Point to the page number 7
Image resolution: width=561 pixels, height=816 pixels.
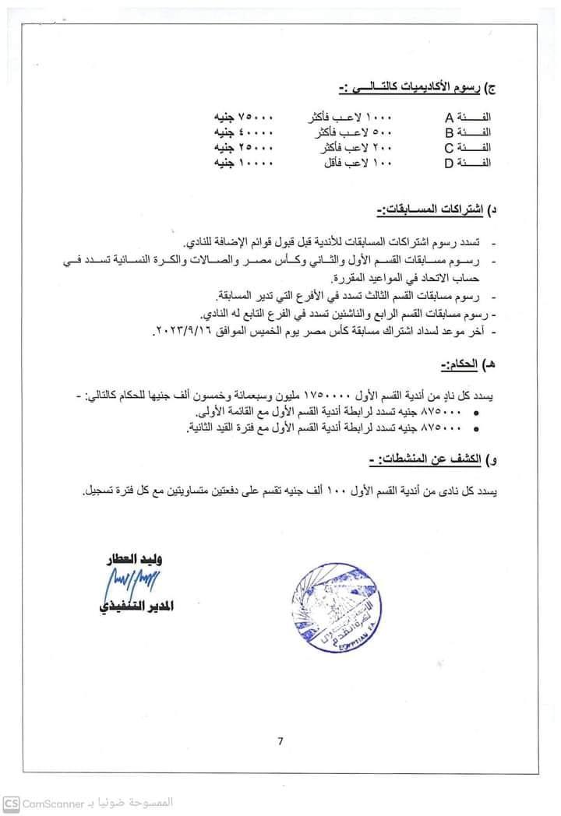tap(280, 740)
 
